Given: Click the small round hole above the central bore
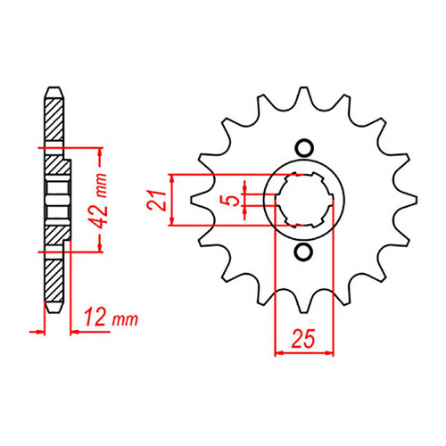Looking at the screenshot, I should [304, 147].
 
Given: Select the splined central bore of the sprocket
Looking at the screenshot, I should [303, 201].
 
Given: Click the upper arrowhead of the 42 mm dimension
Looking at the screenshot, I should [100, 151].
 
